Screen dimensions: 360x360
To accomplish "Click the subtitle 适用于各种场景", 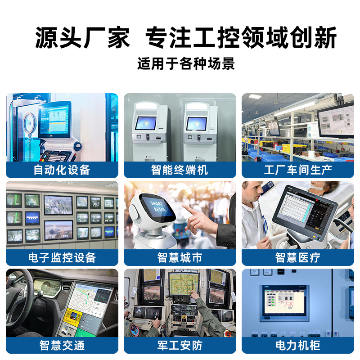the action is point(186,63).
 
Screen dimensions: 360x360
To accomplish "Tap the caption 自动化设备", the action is point(62,170).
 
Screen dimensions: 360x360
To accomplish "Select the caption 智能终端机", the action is point(180,170).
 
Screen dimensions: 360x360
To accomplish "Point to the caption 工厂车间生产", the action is point(298,170).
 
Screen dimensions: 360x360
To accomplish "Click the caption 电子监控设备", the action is point(62,257).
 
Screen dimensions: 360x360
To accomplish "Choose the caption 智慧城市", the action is point(180,257).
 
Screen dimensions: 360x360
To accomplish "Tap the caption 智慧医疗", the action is point(298,257).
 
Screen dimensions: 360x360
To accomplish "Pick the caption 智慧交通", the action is point(62,345).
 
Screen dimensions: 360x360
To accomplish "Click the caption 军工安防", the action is point(180,345).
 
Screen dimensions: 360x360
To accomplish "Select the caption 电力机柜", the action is point(298,345).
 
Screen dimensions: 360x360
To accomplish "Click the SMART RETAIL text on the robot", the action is point(158,207).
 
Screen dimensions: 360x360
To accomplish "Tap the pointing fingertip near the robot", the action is point(184,206).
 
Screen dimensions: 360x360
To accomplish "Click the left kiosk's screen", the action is point(145,123).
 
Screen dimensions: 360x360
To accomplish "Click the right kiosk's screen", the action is point(197,123).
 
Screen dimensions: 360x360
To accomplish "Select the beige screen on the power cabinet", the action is point(284,301).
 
